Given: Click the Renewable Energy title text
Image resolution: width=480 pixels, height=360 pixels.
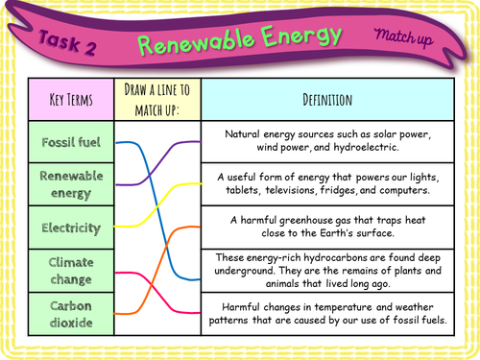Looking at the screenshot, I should tap(239, 40).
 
